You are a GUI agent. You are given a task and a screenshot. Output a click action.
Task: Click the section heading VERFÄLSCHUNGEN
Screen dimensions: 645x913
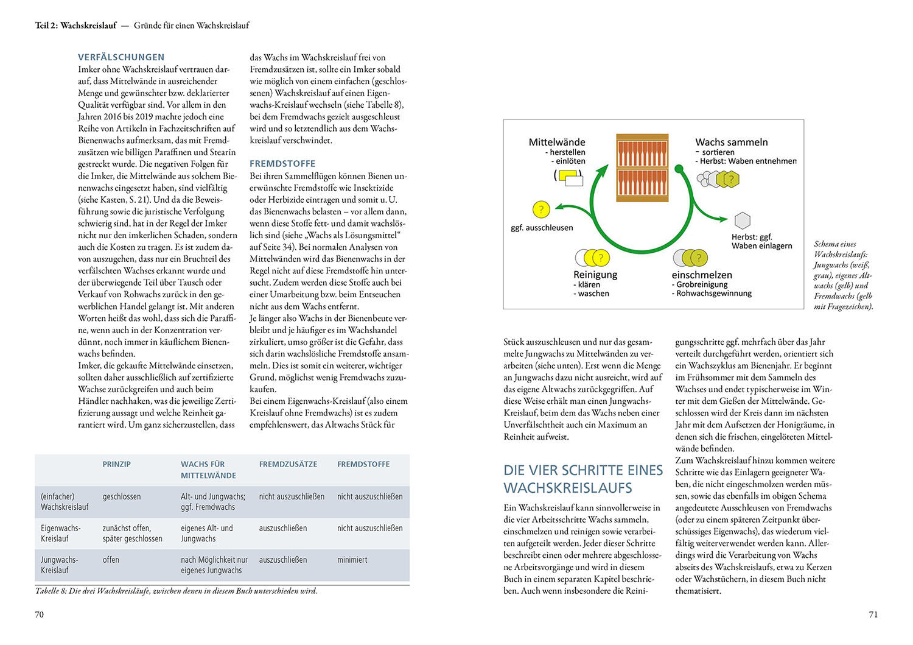(x=121, y=57)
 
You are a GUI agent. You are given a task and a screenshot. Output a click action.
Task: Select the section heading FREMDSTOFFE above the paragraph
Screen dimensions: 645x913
(x=282, y=164)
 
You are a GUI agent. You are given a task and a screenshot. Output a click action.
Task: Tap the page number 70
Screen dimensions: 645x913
(x=40, y=615)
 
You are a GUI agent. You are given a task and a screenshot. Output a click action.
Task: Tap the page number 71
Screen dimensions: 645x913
(x=873, y=615)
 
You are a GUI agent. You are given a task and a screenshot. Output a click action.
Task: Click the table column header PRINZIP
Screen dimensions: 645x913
(x=117, y=464)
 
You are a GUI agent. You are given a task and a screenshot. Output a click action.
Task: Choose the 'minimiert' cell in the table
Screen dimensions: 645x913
(x=352, y=560)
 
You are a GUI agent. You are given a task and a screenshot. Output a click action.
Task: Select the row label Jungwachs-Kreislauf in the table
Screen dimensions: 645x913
(x=60, y=565)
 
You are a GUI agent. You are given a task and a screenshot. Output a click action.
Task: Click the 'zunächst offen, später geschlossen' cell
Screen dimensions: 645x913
(x=133, y=533)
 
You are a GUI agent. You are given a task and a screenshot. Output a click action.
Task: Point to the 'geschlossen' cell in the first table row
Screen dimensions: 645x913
(x=122, y=496)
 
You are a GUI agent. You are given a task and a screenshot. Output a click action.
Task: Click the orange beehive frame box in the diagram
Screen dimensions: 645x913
(x=642, y=168)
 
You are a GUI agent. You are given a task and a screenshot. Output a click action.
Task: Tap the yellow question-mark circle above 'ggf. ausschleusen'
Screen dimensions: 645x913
(x=540, y=210)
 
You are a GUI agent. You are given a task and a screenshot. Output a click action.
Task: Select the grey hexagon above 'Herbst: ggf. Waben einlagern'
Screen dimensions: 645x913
(x=743, y=220)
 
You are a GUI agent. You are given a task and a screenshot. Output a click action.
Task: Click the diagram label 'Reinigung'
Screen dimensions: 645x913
(x=595, y=275)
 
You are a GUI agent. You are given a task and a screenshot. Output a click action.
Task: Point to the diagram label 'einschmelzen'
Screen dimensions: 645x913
(x=702, y=275)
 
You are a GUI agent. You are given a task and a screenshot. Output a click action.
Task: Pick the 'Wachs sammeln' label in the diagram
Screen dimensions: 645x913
(x=731, y=142)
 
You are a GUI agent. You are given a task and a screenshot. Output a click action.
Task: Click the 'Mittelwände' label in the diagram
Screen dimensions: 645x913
(x=556, y=142)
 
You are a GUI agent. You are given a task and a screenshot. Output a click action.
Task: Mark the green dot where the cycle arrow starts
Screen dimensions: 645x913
(x=679, y=169)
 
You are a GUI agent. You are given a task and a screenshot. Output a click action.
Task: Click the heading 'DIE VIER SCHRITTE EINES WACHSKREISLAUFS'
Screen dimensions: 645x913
(x=582, y=479)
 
